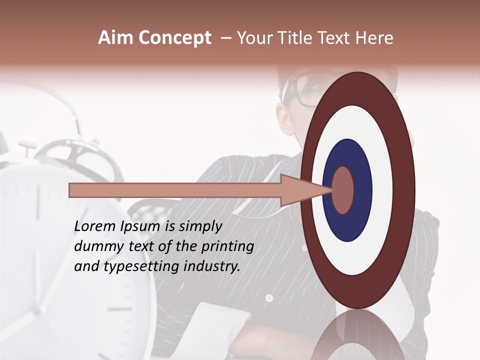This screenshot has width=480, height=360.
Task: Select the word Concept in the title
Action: (x=175, y=38)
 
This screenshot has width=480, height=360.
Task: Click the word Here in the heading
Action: (x=374, y=38)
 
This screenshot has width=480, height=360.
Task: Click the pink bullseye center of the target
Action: (x=343, y=190)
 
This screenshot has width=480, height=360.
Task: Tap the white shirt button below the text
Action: (x=269, y=298)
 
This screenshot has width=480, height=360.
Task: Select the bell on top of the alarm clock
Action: (x=80, y=160)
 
